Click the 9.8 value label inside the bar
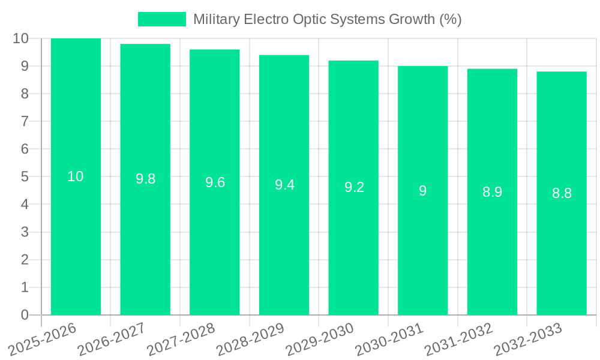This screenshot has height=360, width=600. pos(145,179)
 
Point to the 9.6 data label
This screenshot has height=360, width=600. pos(215,182)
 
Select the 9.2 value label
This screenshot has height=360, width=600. pos(354,187)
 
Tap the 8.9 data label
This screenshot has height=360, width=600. pos(492,192)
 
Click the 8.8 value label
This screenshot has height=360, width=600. pos(562,193)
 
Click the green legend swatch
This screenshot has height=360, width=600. pos(162,19)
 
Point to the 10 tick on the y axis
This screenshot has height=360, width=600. pos(20,38)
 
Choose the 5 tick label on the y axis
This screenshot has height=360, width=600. pos(25,177)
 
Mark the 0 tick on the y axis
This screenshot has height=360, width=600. pos(25,315)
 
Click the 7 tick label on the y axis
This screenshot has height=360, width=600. pos(25,121)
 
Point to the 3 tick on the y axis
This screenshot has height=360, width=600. pos(25,232)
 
